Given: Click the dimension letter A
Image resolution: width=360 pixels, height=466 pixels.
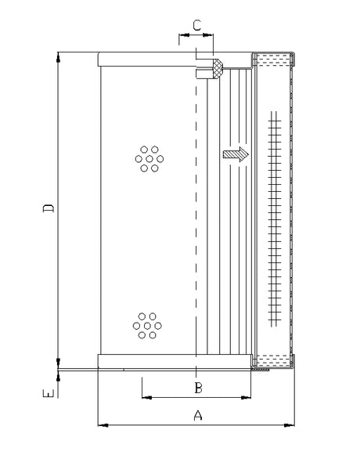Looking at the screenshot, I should [x=198, y=416].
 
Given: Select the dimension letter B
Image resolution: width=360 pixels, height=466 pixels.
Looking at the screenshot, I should [x=199, y=388].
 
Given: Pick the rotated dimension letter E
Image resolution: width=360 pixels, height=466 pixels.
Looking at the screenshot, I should [x=49, y=396].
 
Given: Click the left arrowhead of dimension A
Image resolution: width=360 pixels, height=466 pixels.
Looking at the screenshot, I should [x=102, y=426].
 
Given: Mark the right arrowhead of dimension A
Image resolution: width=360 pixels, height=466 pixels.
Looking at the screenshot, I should [x=293, y=426].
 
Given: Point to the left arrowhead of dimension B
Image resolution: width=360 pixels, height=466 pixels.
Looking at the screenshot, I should [x=146, y=397].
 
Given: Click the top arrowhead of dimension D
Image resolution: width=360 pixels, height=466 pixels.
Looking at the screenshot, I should [x=59, y=57].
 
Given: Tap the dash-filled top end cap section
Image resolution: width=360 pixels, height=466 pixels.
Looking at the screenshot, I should [x=273, y=58].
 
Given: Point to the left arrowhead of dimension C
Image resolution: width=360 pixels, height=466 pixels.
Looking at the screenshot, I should [x=182, y=35].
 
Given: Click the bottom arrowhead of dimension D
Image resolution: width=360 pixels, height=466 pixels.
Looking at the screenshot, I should [x=59, y=361].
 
